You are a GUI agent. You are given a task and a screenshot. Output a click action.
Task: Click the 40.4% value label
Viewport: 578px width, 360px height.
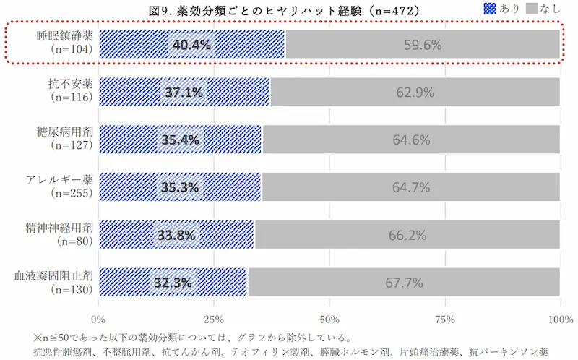tap(191, 45)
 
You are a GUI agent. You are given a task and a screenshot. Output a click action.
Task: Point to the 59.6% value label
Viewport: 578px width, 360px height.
tap(422, 45)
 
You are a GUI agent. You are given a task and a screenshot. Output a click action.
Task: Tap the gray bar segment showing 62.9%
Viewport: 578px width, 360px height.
tap(415, 93)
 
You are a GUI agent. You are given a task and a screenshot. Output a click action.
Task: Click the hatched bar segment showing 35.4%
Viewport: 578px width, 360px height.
tap(180, 140)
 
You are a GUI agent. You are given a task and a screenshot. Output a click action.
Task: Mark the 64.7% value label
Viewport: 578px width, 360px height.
tap(411, 187)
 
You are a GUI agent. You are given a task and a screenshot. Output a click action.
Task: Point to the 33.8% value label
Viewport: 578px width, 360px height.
tap(176, 235)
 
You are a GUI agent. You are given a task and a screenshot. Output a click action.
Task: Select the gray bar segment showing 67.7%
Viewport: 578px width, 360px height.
tap(404, 283)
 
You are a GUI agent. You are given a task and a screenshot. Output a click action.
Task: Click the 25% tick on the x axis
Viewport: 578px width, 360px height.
tap(213, 319)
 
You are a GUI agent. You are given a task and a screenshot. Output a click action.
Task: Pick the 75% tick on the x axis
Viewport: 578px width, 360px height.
tap(445, 319)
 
